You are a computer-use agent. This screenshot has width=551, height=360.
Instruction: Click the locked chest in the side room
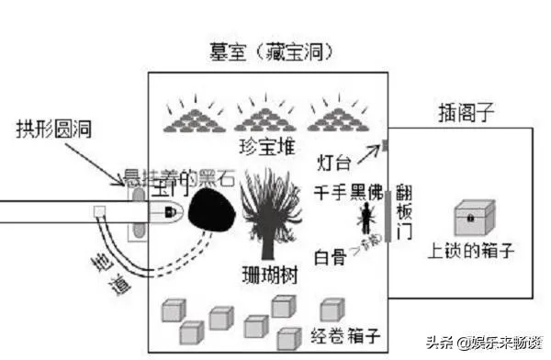(474, 219)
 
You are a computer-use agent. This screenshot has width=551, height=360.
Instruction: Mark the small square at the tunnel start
(99, 212)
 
